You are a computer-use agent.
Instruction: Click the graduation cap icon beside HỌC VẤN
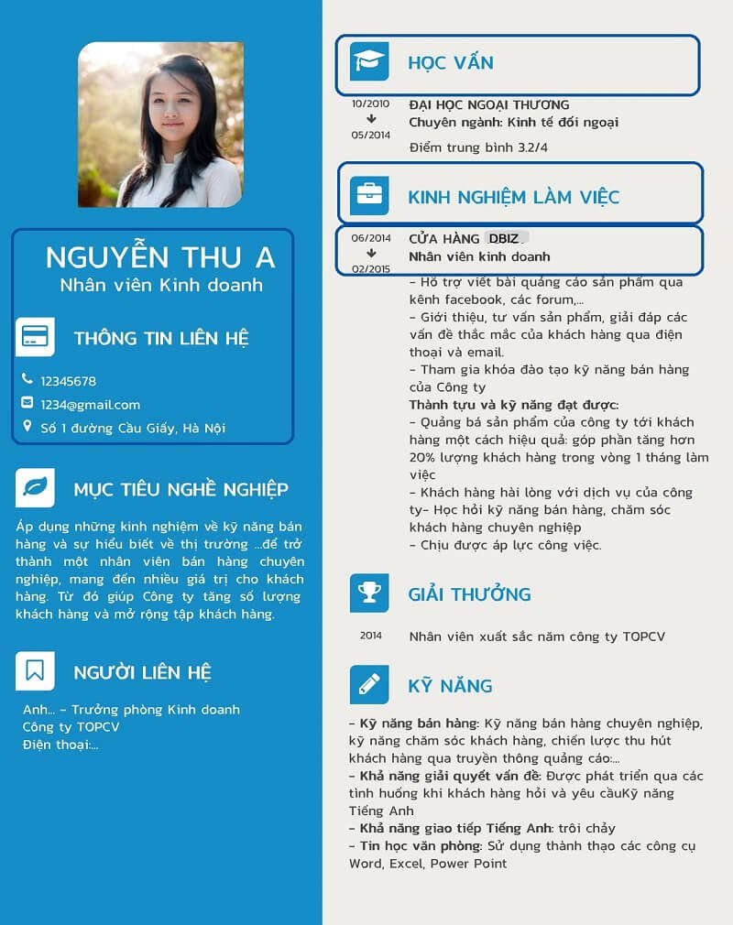coord(369,62)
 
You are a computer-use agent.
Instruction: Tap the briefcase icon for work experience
coord(369,195)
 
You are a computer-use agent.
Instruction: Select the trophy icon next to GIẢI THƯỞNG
coord(369,593)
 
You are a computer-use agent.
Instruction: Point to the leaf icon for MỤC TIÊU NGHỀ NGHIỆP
coord(35,488)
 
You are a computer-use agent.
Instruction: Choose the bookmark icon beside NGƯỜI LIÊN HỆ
coord(35,671)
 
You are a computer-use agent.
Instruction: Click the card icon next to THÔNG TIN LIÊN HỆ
coord(35,337)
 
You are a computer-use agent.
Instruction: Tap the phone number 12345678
coord(68,381)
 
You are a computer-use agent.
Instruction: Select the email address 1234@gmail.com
coord(90,405)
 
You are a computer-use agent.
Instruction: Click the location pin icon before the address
coord(27,427)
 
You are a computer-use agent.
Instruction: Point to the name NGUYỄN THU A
coord(160,257)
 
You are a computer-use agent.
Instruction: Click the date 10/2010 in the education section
coord(370,104)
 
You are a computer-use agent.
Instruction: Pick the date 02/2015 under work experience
coord(370,269)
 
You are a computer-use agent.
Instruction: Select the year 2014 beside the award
coord(370,636)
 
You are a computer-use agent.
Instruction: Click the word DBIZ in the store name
coord(503,239)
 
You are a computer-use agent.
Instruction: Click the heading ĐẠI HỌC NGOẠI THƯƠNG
coord(488,105)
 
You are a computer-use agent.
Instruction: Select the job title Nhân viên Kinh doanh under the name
coord(161,285)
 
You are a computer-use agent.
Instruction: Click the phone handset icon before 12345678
coord(27,380)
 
